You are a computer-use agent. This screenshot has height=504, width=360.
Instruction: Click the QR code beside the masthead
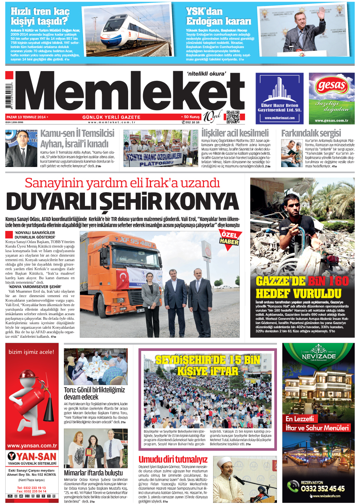pos(233,117)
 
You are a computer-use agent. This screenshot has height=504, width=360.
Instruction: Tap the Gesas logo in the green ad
pos(331,86)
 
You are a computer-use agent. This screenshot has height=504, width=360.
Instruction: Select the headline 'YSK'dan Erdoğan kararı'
pos(218,16)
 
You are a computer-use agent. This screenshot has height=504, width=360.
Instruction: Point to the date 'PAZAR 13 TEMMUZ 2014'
pos(26,117)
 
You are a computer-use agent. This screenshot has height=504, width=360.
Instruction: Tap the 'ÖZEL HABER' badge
pos(230,238)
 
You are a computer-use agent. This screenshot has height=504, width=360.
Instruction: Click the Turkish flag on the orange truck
pos(122,278)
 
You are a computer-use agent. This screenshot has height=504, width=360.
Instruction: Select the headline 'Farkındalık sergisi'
pos(311,133)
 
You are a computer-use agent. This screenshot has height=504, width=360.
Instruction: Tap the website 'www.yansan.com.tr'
pos(32,446)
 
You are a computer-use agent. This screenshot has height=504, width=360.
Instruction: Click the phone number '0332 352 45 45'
pos(322,489)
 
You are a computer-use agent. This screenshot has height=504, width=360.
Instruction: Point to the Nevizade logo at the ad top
pos(319,354)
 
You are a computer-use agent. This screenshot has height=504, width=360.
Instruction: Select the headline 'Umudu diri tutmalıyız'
pos(173,459)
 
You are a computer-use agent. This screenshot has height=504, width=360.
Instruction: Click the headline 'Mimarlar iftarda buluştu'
pos(93,473)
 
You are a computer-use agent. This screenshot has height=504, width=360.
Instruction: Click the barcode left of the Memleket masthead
pos(9,96)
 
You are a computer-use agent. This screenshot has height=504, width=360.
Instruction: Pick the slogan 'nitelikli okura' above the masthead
pos(206,74)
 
